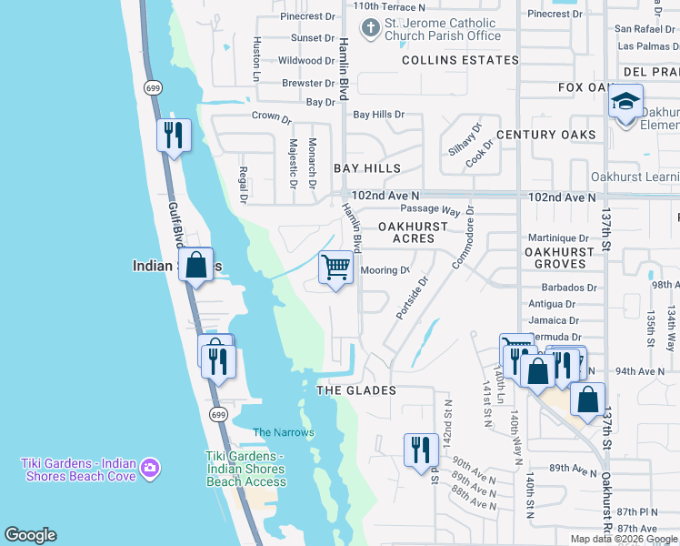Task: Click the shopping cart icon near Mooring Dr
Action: click(335, 268)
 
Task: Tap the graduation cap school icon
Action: click(625, 102)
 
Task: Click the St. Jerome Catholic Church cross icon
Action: click(369, 29)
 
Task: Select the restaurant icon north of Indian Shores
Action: click(172, 136)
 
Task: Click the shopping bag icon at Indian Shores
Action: click(196, 266)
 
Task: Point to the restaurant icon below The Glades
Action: click(420, 450)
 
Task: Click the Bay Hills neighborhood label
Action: click(367, 168)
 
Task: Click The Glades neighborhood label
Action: click(356, 390)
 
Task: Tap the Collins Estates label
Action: click(461, 60)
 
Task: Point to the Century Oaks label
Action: click(546, 135)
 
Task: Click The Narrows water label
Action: click(276, 432)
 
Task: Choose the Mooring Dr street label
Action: click(386, 270)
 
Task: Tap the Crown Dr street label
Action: click(271, 117)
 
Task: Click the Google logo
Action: click(30, 535)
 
